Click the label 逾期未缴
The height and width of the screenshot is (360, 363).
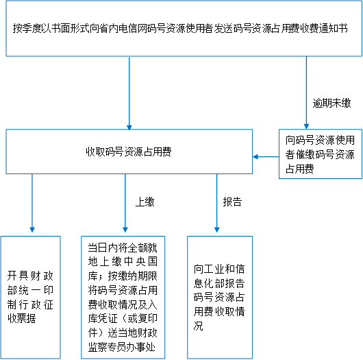point(331,103)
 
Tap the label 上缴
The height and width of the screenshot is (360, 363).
point(145,202)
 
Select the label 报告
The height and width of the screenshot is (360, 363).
point(232,202)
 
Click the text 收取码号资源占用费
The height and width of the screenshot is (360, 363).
point(129,152)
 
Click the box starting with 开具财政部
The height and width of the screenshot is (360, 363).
point(31,298)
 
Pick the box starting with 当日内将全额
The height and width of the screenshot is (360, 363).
point(123,298)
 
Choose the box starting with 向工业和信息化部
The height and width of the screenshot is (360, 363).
point(220,298)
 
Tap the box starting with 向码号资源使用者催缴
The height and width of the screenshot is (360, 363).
point(321,154)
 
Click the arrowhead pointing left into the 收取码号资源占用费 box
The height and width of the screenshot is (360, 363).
point(255,157)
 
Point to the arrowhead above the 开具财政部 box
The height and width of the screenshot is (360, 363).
point(32,230)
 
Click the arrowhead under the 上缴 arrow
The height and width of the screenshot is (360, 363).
point(125,230)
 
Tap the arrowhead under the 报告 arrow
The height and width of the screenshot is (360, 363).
point(217,230)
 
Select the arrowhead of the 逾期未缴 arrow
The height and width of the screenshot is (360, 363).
point(307,126)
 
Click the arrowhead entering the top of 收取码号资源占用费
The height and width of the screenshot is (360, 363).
point(129,128)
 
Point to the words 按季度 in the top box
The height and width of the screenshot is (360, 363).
point(27,28)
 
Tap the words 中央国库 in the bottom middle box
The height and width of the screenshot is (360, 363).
point(141,261)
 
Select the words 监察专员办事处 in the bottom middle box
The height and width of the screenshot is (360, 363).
point(121,347)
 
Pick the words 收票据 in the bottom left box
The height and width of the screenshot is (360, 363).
point(22,318)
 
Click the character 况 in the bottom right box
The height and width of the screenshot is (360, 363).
point(199,326)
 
